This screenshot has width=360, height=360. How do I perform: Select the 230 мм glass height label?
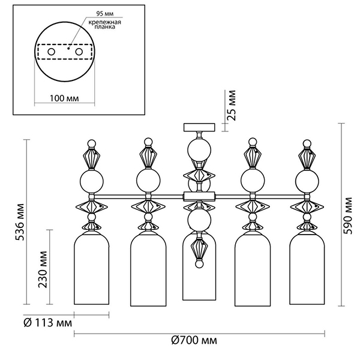tap(43, 273)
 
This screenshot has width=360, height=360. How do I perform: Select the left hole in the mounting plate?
tap(52, 53)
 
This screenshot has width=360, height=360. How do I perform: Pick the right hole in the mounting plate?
tap(79, 53)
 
